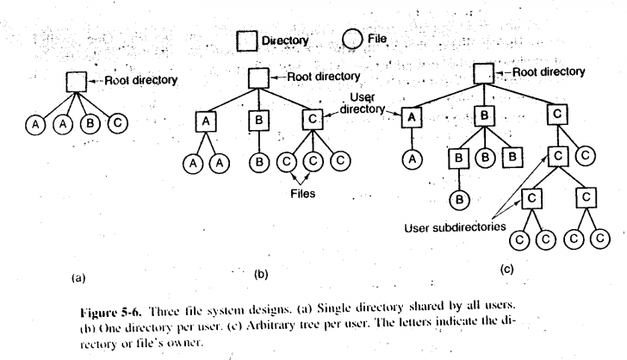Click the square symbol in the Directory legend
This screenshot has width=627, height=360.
(x=248, y=40)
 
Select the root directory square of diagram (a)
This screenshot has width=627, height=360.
(x=76, y=83)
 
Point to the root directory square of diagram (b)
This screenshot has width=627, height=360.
(x=257, y=77)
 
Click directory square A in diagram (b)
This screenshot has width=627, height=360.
(x=205, y=121)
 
